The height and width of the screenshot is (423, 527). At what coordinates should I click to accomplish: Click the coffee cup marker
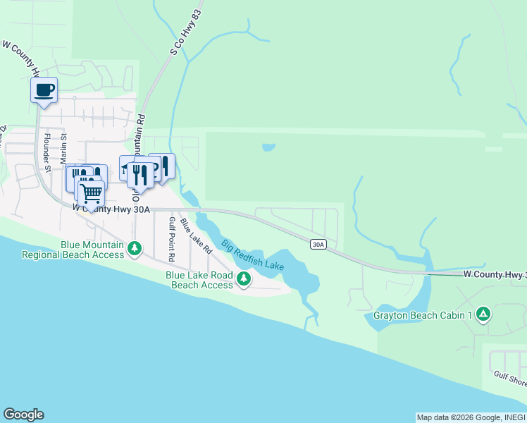pyautogui.click(x=44, y=90)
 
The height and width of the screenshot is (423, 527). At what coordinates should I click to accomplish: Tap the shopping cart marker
pyautogui.click(x=91, y=193)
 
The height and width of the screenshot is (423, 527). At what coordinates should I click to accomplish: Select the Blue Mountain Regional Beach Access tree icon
pyautogui.click(x=134, y=248)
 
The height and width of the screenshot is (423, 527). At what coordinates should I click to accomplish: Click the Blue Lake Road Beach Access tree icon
pyautogui.click(x=243, y=279)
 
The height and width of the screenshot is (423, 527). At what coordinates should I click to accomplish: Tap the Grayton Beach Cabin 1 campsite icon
pyautogui.click(x=483, y=314)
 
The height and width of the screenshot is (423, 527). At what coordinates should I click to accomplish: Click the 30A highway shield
pyautogui.click(x=318, y=244)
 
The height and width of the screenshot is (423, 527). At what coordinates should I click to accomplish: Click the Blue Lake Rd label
pyautogui.click(x=196, y=235)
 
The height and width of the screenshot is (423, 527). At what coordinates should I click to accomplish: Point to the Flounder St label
pyautogui.click(x=48, y=152)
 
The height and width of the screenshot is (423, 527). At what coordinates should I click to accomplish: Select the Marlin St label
pyautogui.click(x=63, y=148)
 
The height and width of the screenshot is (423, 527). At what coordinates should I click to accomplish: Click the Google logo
pyautogui.click(x=23, y=415)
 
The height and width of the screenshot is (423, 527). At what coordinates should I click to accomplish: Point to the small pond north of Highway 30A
pyautogui.click(x=268, y=148)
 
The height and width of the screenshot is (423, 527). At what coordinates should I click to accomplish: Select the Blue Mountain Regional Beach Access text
pyautogui.click(x=73, y=250)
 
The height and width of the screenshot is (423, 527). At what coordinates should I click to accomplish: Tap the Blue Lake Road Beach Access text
pyautogui.click(x=199, y=280)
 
